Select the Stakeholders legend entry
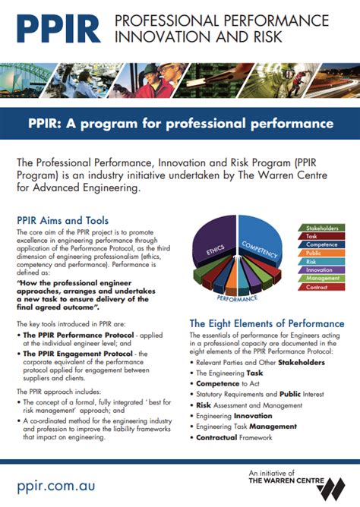[x=321, y=228]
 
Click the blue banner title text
[x=180, y=123]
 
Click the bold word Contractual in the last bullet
[x=221, y=439]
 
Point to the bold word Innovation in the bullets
[x=254, y=417]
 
